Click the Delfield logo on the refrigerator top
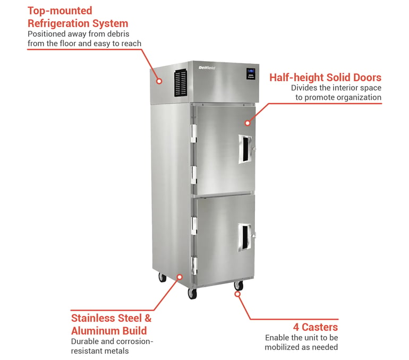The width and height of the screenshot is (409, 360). (x=207, y=68)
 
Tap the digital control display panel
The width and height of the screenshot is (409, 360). (x=251, y=74)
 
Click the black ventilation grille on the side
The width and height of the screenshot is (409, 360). (x=181, y=83)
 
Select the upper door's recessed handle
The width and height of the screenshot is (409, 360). (x=245, y=149)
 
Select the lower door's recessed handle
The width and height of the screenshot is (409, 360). (x=245, y=237)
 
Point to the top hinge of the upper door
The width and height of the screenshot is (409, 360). (x=193, y=133)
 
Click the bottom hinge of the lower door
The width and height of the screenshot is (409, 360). (x=194, y=266)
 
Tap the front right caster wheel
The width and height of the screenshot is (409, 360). (x=238, y=286)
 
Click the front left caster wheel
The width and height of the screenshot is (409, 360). (x=192, y=294)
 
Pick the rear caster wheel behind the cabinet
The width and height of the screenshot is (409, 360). (x=162, y=277)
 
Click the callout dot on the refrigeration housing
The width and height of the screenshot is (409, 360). (x=159, y=81)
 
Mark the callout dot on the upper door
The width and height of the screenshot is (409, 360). (x=248, y=123)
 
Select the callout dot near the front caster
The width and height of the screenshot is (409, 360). (x=237, y=294)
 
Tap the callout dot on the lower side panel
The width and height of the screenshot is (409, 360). (x=180, y=277)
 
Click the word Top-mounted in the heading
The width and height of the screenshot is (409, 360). (x=59, y=11)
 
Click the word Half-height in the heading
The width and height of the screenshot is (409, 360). (x=296, y=78)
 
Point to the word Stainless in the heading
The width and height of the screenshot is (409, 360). (x=93, y=318)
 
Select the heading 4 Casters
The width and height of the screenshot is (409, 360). (x=316, y=327)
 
